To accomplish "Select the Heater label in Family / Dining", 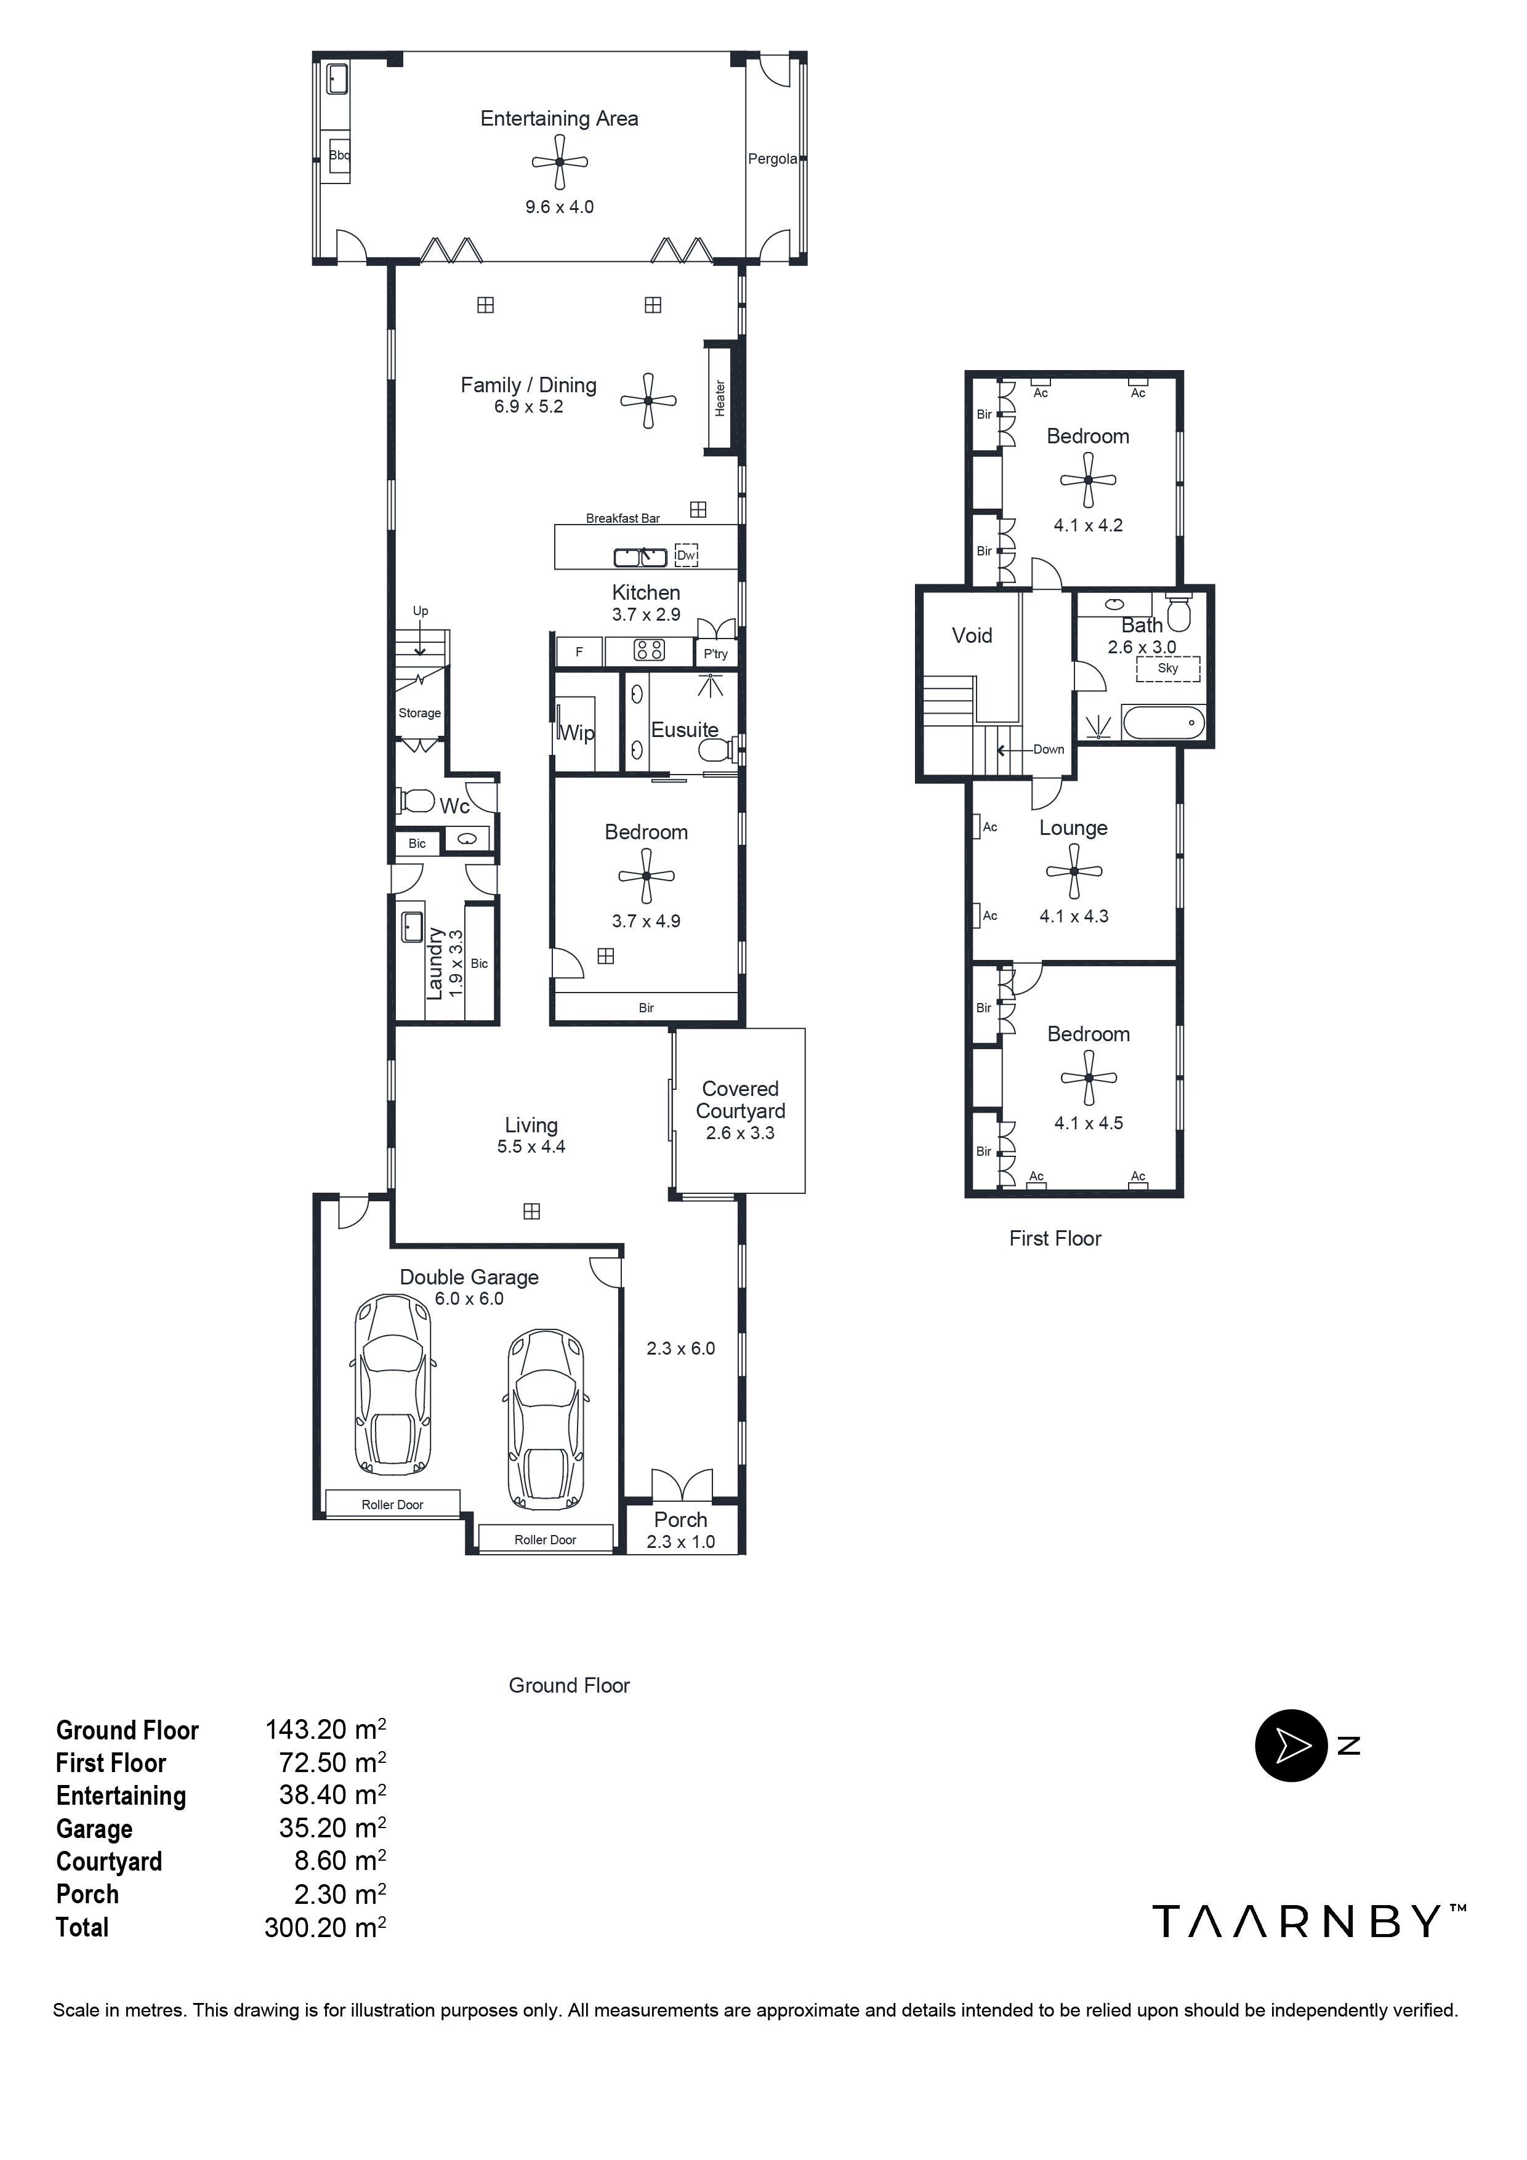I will coord(720,399).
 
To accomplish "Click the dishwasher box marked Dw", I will coord(687,556).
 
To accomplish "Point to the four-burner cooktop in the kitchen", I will coord(649,650).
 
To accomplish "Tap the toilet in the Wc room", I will coord(417,802).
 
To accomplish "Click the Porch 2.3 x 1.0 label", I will coord(680,1531).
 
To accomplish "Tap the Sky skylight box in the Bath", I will coord(1167,669).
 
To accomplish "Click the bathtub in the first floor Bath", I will coord(1163,723).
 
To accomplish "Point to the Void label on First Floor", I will coord(972,636).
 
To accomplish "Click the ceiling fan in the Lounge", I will coord(1073,871).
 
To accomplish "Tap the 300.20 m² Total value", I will coord(324,1928).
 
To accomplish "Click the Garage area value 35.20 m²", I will coord(332,1828).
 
